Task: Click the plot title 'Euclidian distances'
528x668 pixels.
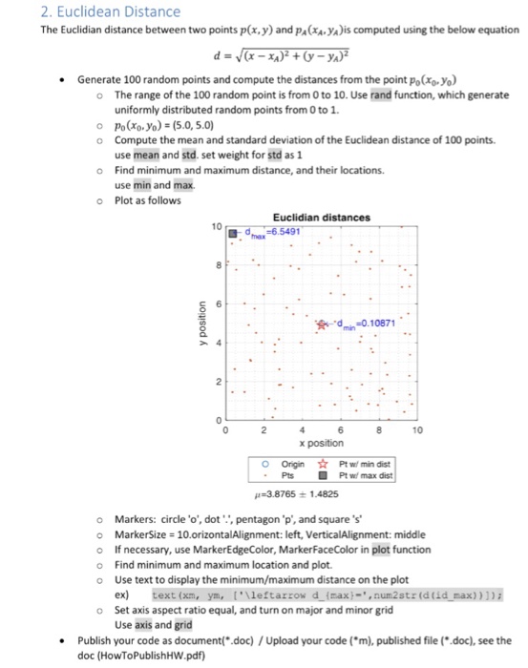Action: click(x=321, y=218)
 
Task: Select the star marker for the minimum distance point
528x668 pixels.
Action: click(x=330, y=324)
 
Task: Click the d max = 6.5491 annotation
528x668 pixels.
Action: click(x=272, y=231)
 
